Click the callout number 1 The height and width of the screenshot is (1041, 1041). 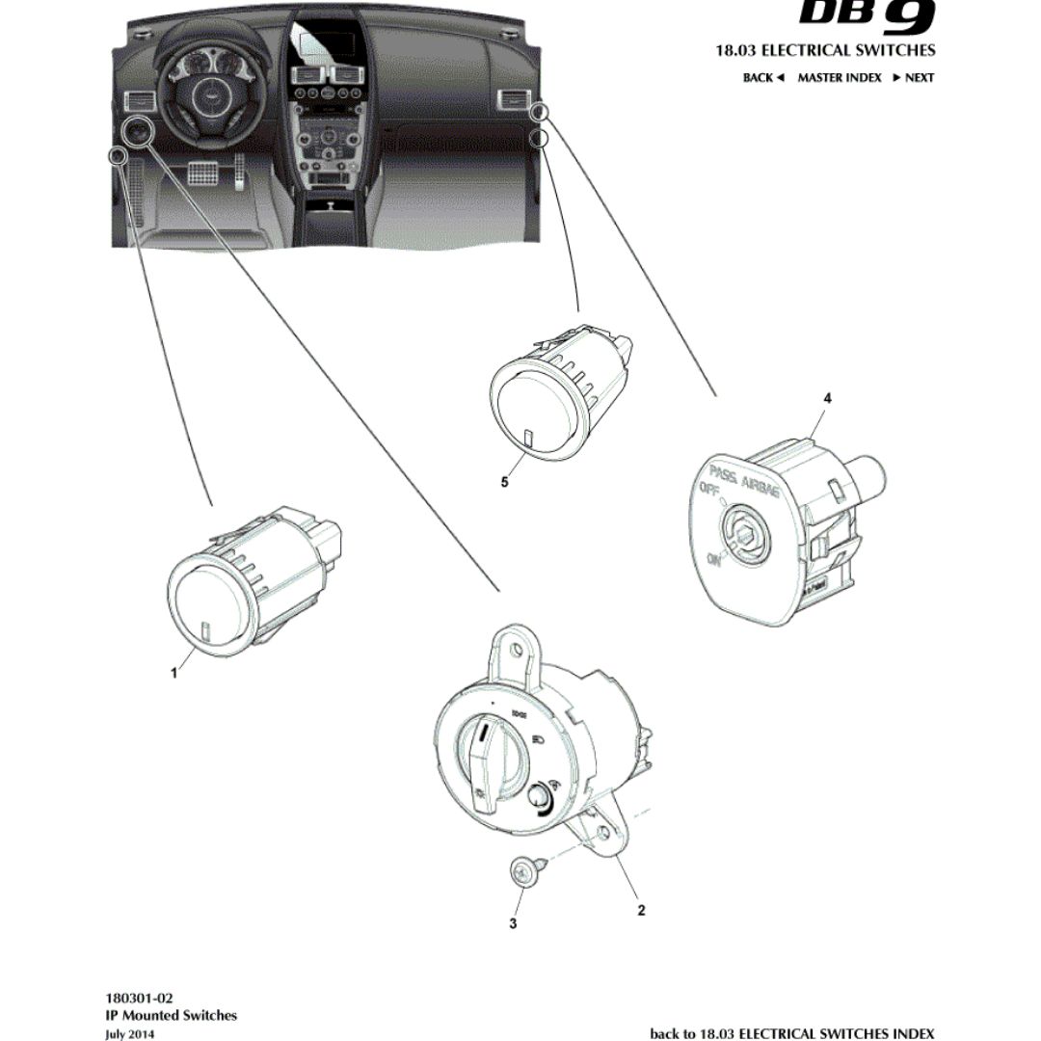point(174,674)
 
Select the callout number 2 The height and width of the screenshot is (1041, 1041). point(641,910)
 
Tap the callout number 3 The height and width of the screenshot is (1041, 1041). point(513,923)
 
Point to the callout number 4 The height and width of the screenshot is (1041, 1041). point(827,397)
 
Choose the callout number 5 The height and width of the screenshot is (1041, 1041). point(504,483)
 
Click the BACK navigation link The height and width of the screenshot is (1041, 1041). point(763,78)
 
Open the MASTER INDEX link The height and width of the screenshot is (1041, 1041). point(839,78)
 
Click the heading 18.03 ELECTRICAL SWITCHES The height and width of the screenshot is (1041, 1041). point(825,50)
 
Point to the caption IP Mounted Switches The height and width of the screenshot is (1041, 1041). point(171,1015)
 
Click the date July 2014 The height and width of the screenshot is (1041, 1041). point(130,1033)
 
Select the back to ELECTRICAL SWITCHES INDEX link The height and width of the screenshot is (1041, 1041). point(791,1033)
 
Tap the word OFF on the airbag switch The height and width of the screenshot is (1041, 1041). point(710,491)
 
